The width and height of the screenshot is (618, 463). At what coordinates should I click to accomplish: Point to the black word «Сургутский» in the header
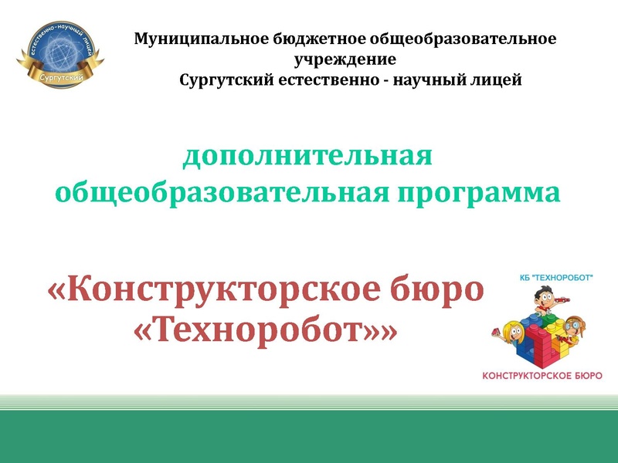(x=224, y=79)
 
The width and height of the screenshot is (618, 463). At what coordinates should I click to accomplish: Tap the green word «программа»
(x=479, y=191)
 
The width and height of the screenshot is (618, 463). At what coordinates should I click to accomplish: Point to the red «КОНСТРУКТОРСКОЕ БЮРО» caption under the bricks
(x=542, y=375)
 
